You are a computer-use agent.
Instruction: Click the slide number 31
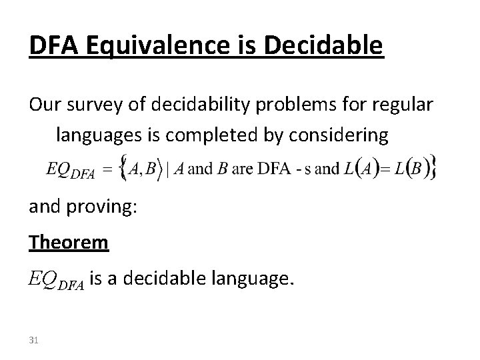click(x=34, y=341)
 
